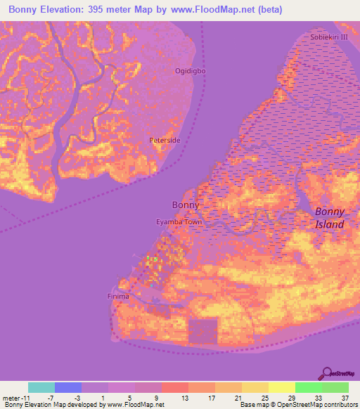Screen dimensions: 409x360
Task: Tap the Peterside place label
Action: tap(165, 141)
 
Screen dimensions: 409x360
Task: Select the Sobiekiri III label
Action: tap(324, 35)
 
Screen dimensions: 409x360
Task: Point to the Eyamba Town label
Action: tap(179, 222)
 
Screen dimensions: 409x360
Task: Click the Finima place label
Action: tap(117, 297)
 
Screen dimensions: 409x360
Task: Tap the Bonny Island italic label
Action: tap(329, 218)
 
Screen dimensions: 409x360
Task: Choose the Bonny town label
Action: tap(186, 205)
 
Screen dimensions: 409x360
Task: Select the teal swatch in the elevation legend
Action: tap(41, 387)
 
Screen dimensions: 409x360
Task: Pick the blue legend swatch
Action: tap(68, 387)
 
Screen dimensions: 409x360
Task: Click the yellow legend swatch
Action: tap(282, 387)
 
